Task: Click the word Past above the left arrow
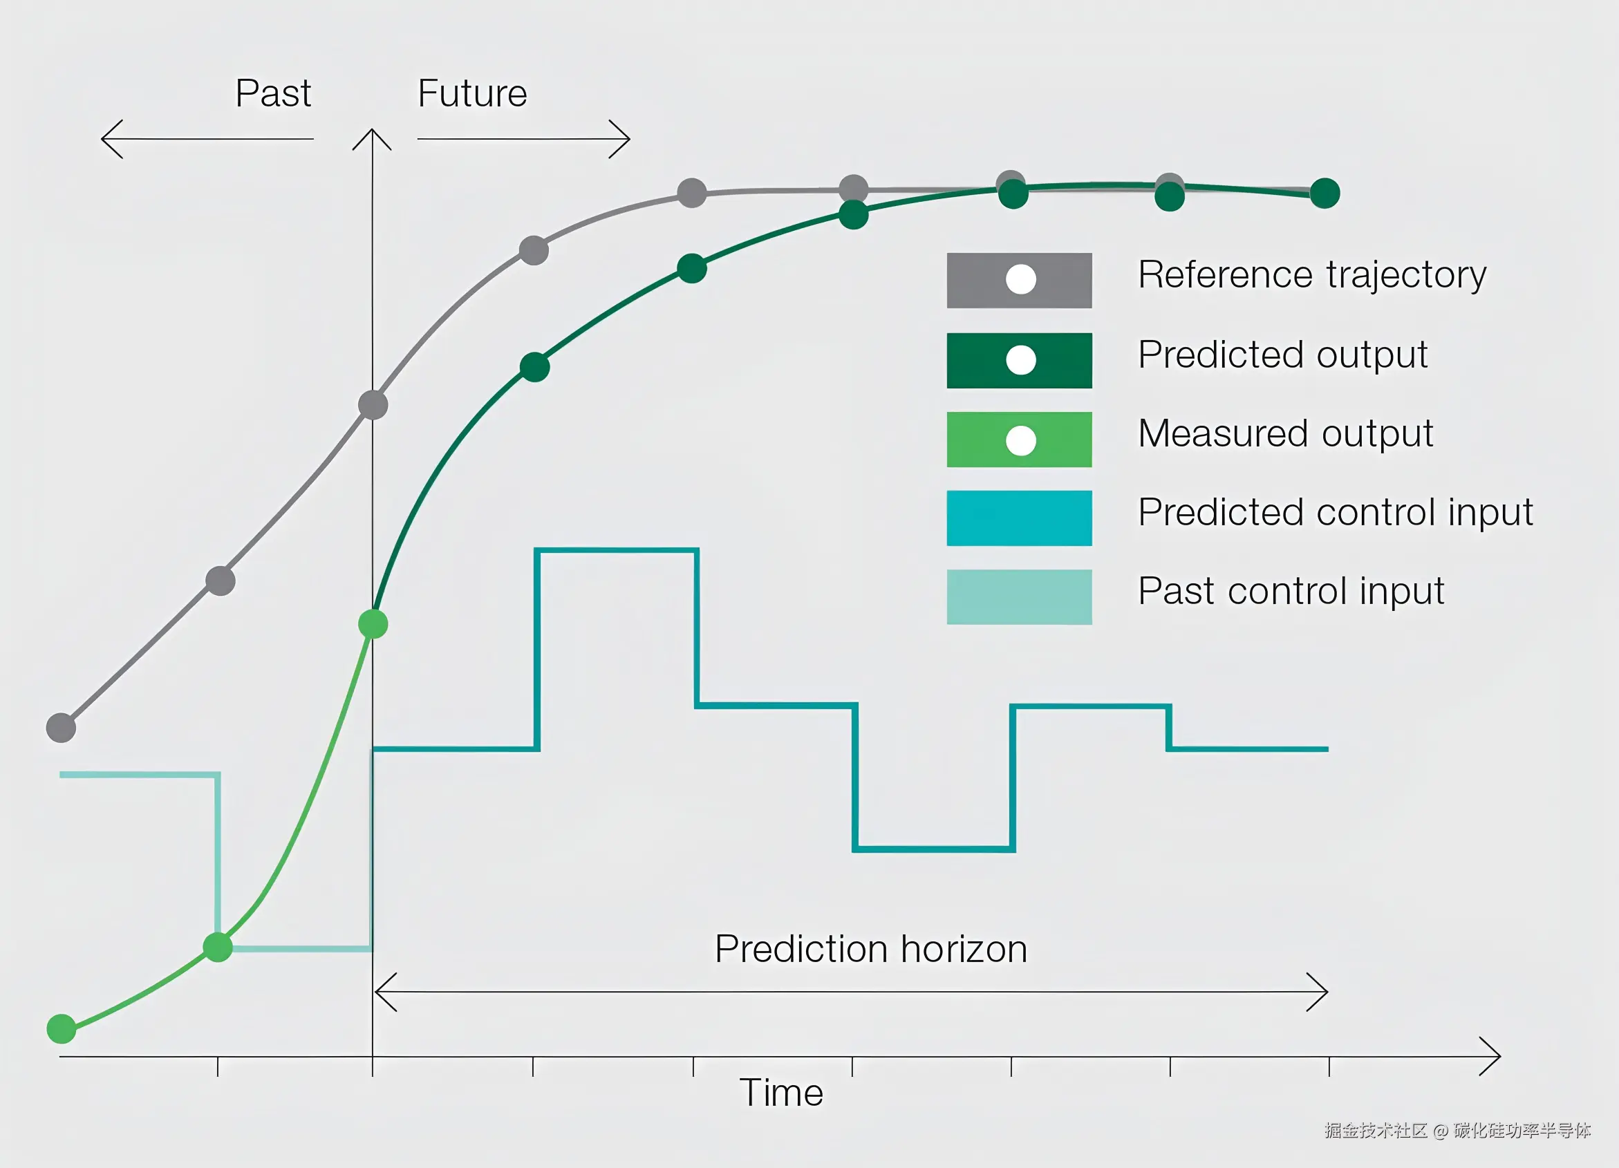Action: [x=273, y=93]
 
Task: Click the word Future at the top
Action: [x=472, y=93]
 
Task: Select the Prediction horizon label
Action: [x=871, y=950]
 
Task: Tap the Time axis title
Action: [x=781, y=1093]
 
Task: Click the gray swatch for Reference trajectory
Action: [x=1020, y=281]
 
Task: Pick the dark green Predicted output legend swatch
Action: [x=1020, y=360]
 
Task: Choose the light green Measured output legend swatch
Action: [x=1020, y=440]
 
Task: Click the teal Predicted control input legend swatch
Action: [x=1020, y=518]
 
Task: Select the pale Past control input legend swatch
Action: [x=1020, y=597]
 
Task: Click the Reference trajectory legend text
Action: [x=1312, y=275]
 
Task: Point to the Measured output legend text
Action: [x=1286, y=435]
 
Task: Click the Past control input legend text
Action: [x=1291, y=592]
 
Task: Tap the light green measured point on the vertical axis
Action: [x=373, y=624]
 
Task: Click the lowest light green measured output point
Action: [x=62, y=1029]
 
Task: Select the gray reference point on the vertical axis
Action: [x=373, y=405]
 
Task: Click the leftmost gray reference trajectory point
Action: [x=62, y=728]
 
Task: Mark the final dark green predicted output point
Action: [x=1325, y=194]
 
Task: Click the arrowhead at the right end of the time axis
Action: [x=1499, y=1056]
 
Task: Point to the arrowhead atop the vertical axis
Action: [x=372, y=131]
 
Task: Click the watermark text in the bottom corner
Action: [x=1458, y=1131]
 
